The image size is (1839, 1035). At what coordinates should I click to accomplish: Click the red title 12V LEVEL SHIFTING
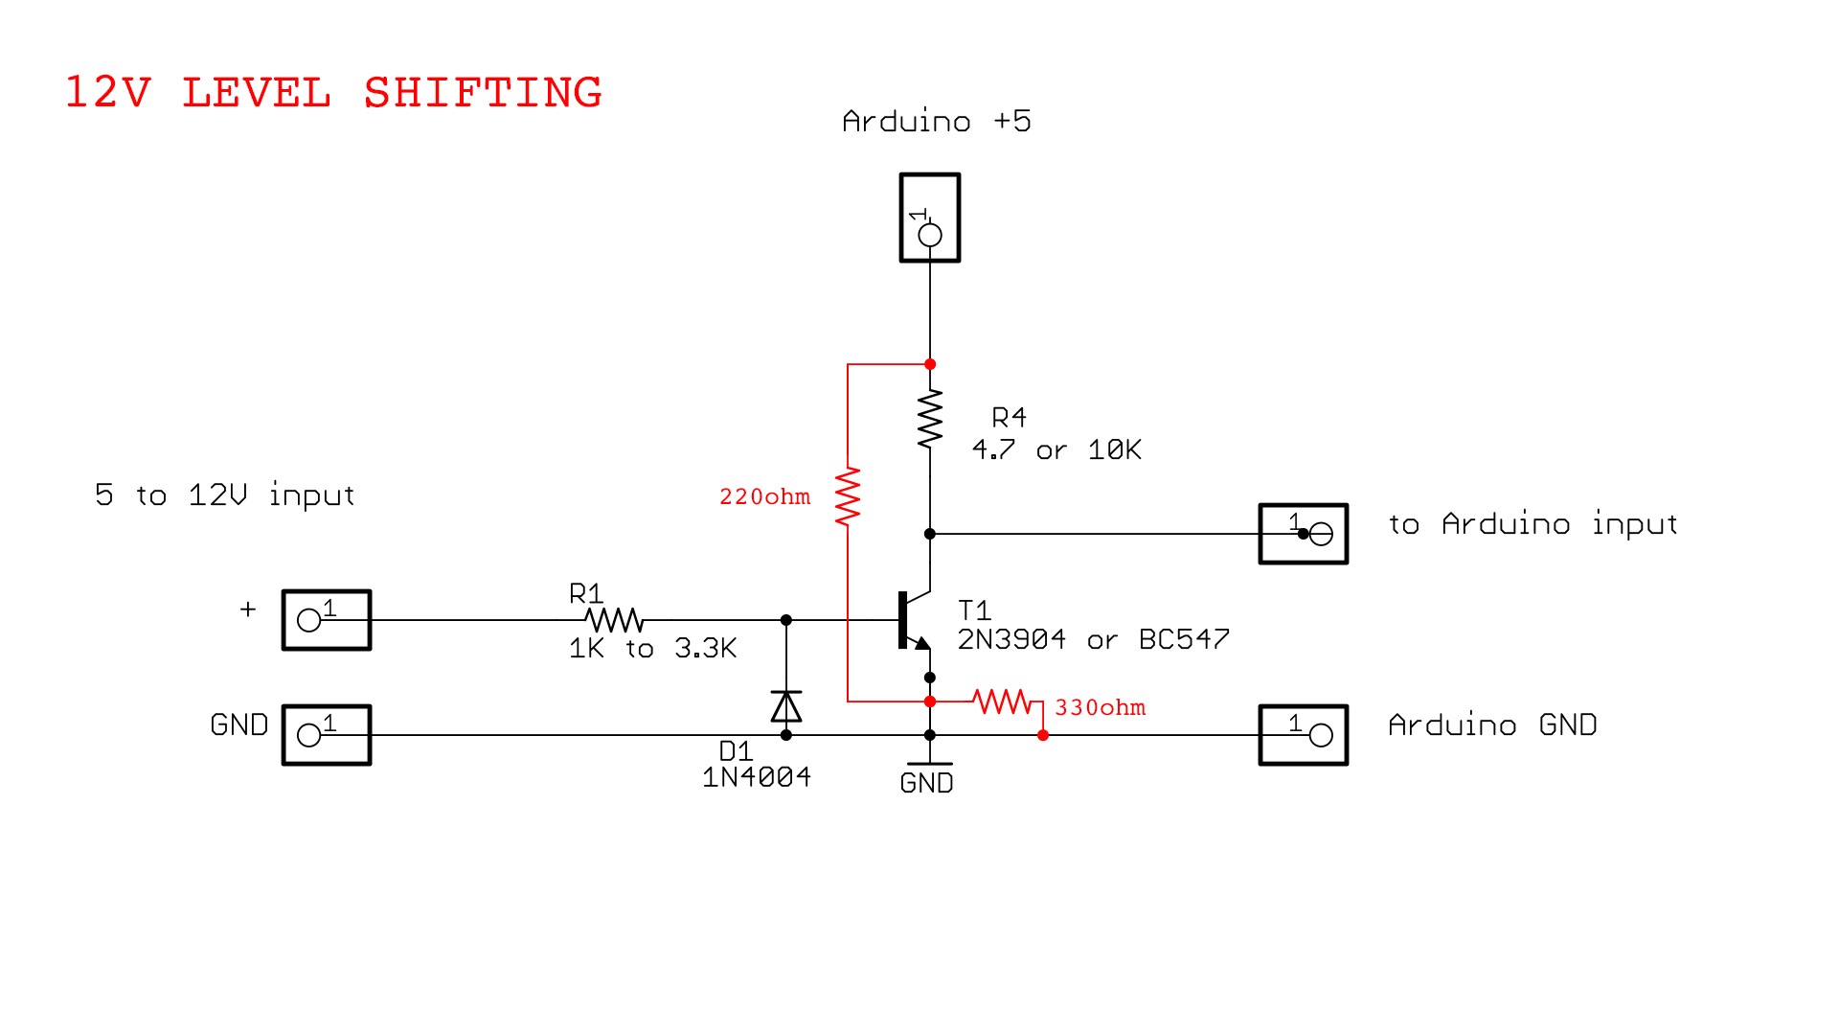coord(333,93)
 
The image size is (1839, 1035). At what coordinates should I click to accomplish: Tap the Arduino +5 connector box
coord(929,218)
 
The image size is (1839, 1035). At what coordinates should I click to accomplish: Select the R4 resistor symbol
coord(929,419)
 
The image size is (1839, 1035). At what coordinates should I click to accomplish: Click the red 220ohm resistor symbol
coord(848,496)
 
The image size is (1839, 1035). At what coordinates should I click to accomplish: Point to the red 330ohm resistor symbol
coord(1002,701)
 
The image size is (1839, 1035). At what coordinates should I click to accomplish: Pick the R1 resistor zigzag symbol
coord(614,619)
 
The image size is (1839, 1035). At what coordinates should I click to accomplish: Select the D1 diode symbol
coord(786,706)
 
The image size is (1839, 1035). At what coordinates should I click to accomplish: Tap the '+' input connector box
coord(327,620)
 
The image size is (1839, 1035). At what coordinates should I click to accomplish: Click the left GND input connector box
coord(327,735)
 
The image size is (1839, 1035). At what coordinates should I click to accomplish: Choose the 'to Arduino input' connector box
coord(1303,534)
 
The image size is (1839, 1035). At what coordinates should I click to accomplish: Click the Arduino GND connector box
coord(1303,735)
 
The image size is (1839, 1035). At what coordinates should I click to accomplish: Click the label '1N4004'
coord(757,777)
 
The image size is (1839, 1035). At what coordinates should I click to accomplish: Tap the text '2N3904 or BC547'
coord(1093,639)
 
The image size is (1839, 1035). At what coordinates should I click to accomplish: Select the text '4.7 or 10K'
coord(1056,449)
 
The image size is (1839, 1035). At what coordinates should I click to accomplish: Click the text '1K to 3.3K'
coord(652,649)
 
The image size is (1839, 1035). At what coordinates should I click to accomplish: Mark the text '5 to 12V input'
coord(225,495)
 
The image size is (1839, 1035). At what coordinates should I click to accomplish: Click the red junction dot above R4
coord(929,364)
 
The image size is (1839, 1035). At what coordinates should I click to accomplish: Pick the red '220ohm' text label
coord(764,496)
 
